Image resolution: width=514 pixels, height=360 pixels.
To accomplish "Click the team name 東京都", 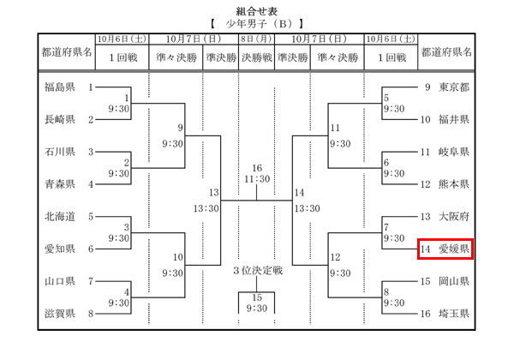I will [x=453, y=87].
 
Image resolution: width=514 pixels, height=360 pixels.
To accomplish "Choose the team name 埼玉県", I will [x=453, y=315].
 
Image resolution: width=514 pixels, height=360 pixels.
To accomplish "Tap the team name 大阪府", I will [x=453, y=217].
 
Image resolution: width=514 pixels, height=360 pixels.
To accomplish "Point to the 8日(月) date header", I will [x=257, y=39].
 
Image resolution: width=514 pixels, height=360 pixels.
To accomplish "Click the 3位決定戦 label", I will [x=257, y=271].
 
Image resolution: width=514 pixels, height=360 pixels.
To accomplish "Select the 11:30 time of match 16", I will [x=257, y=178].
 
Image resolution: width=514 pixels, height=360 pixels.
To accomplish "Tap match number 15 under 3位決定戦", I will [x=257, y=297].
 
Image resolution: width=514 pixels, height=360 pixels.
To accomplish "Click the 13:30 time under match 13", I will [x=213, y=208].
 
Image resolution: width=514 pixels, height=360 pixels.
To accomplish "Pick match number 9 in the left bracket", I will [x=181, y=128].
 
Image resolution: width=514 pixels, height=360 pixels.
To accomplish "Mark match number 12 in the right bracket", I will [x=335, y=257].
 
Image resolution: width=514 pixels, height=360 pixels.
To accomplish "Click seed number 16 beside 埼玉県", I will [x=425, y=315].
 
